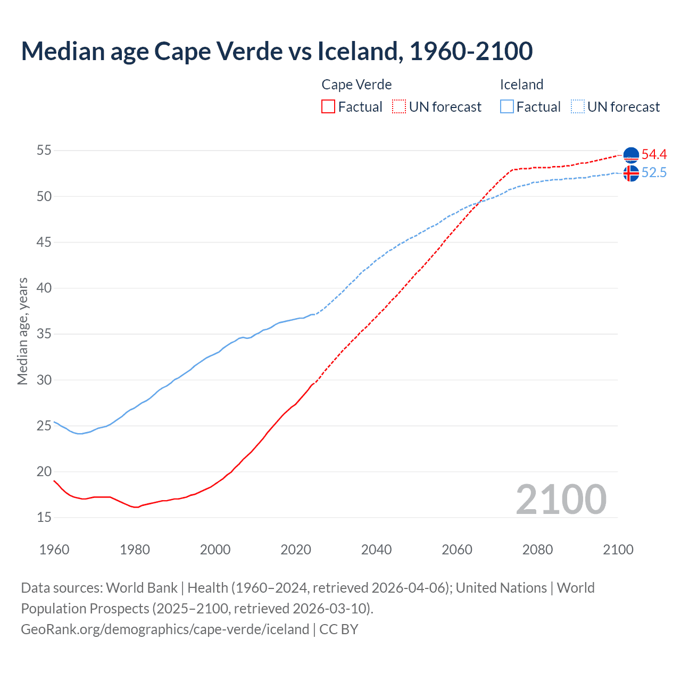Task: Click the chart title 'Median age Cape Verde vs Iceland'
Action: click(277, 51)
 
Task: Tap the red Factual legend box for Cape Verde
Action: click(328, 107)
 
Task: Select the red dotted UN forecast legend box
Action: click(399, 107)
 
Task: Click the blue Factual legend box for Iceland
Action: click(507, 107)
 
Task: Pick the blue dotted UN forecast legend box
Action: click(577, 107)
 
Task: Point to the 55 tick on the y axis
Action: click(44, 151)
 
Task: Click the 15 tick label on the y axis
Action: click(44, 517)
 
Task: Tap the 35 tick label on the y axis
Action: click(44, 334)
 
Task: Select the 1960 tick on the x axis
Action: click(54, 550)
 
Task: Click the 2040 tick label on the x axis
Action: click(376, 550)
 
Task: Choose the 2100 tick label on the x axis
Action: click(618, 550)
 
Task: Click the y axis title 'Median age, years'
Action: click(22, 331)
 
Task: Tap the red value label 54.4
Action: click(654, 155)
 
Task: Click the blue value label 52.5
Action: click(654, 173)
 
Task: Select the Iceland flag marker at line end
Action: click(631, 173)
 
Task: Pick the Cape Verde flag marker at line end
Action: click(631, 155)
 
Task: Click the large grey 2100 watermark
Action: click(561, 499)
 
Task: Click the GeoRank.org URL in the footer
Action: click(165, 629)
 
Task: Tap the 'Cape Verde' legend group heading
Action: click(356, 85)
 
